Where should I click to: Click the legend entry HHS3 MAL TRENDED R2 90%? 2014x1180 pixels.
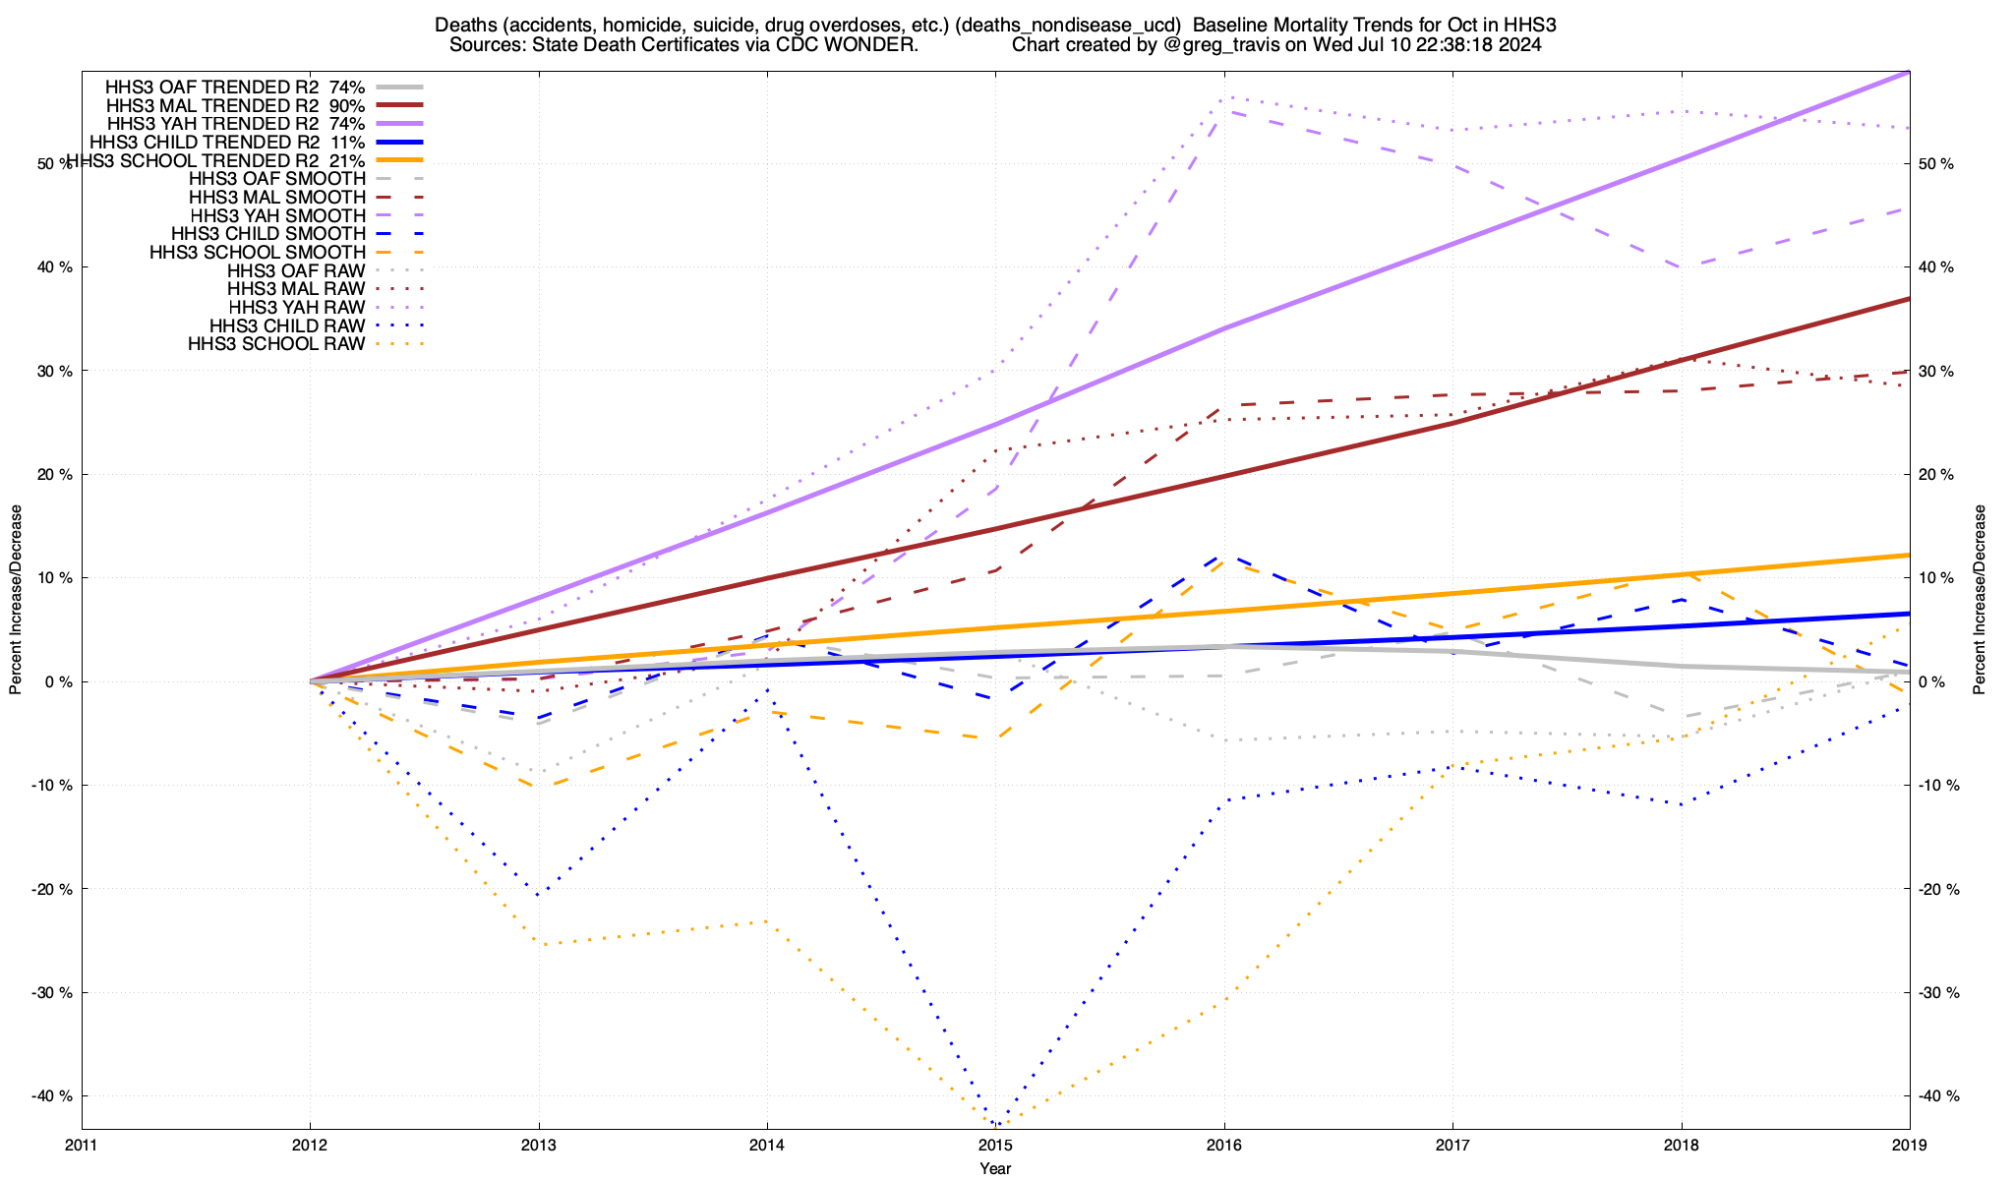click(x=235, y=105)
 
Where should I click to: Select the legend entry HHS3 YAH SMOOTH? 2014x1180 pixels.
click(x=277, y=215)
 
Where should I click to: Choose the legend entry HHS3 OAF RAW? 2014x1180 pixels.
click(x=295, y=270)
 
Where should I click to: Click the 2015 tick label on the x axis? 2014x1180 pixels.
click(x=995, y=1145)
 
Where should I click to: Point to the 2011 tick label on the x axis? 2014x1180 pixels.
click(x=82, y=1145)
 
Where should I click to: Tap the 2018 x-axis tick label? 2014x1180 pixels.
click(x=1681, y=1145)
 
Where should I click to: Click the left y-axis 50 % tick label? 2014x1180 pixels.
click(x=55, y=163)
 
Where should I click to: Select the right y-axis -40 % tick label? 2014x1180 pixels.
click(x=1937, y=1095)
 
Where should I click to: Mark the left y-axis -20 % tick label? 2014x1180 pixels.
click(x=55, y=889)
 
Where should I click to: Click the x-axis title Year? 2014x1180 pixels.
click(x=995, y=1168)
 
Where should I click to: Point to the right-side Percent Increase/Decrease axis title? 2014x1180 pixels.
click(x=1980, y=600)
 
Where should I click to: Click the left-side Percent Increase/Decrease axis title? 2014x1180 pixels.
click(x=16, y=600)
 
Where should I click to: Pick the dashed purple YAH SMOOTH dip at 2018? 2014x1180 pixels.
click(x=1682, y=267)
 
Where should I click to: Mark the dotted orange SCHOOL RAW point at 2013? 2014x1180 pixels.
click(x=539, y=944)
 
